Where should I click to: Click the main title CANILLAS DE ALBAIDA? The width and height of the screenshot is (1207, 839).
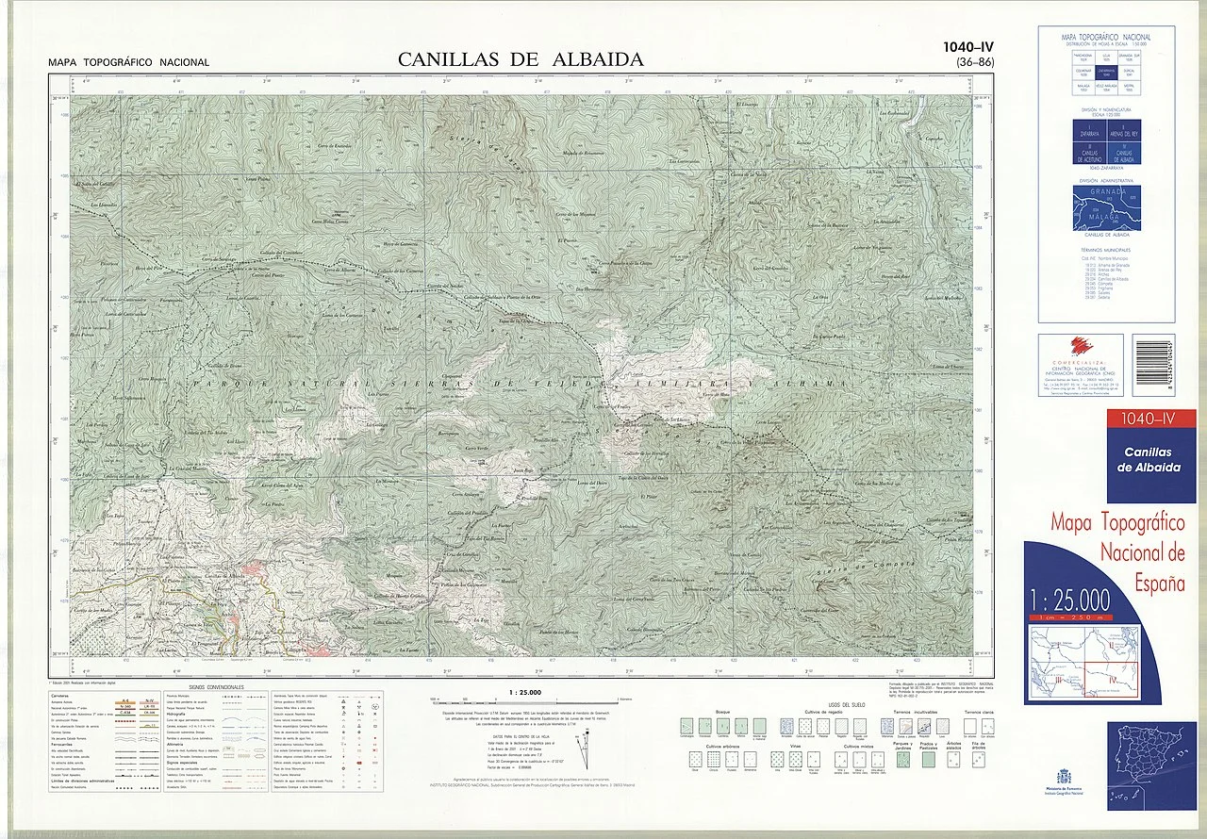coord(521,59)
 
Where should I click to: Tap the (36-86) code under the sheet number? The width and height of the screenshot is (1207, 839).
coord(968,63)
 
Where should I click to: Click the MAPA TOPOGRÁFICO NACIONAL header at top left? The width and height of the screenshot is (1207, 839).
coord(129,63)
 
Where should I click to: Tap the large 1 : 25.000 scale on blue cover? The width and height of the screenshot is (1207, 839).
coord(1072,600)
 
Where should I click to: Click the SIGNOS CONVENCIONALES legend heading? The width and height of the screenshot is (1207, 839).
coord(216,687)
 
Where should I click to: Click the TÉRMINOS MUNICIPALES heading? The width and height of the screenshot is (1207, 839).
coord(1106,250)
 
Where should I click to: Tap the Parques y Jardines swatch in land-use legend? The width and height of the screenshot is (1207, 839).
coord(903,759)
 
